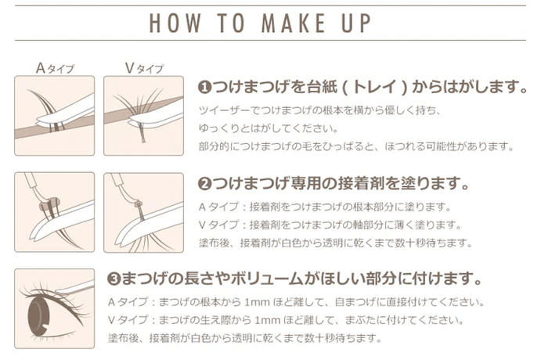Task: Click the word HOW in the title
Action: pos(175,23)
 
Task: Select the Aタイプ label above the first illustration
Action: pos(55,68)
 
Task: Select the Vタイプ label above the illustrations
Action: pos(144,68)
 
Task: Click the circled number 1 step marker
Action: pos(204,87)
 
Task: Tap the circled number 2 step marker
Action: pos(204,183)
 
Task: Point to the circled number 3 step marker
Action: pos(114,279)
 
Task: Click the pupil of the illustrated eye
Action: pos(39,315)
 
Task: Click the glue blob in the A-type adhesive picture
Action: pos(49,204)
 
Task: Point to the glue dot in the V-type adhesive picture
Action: pos(138,203)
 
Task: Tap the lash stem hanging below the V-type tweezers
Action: pos(141,132)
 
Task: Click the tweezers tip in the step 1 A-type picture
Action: pos(39,121)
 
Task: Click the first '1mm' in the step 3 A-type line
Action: pos(258,302)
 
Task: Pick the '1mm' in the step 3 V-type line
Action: pos(268,320)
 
